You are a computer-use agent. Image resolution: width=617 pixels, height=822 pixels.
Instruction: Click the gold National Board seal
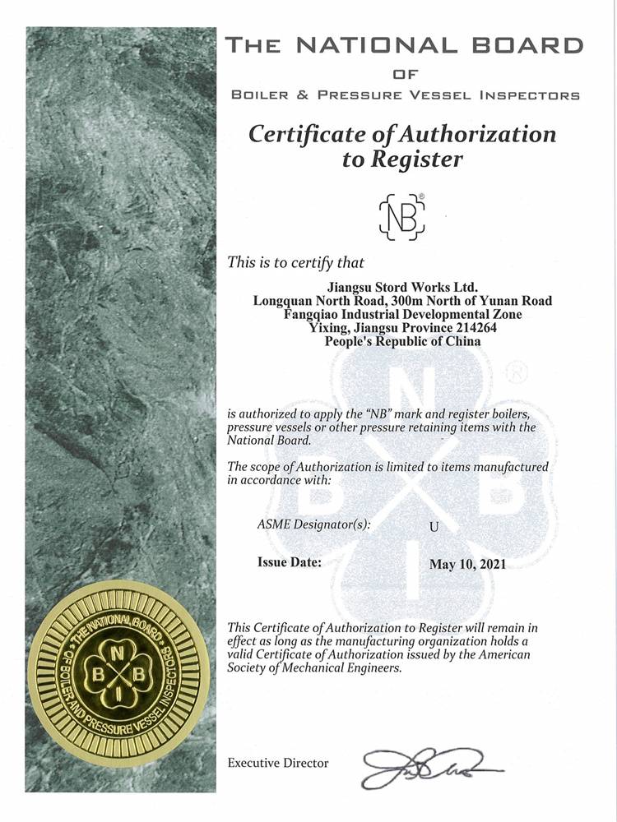122,675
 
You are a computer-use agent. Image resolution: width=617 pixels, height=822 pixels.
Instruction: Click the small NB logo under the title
401,216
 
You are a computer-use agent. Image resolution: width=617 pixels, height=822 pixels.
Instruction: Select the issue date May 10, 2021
467,564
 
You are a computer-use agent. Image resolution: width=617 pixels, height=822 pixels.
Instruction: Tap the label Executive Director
277,763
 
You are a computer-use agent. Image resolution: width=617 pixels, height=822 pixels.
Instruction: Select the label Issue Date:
290,563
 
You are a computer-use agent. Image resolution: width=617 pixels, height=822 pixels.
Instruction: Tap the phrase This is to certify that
295,262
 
